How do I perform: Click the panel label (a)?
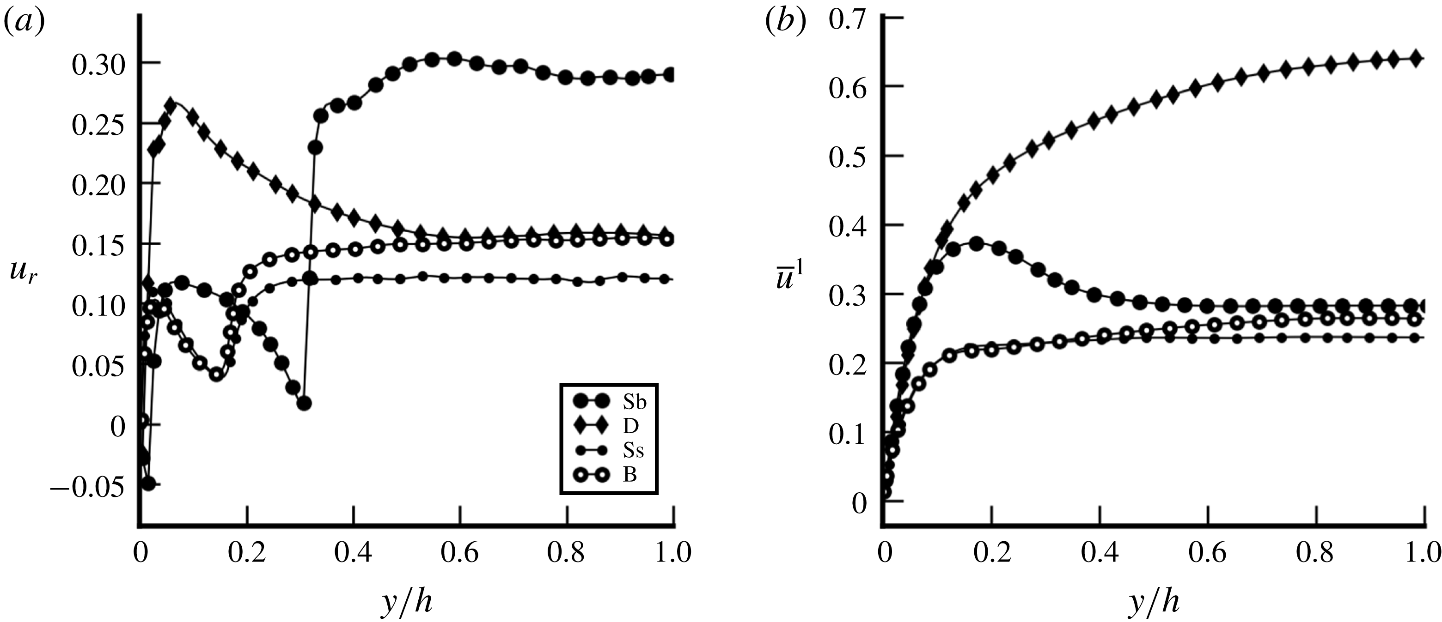tap(24, 24)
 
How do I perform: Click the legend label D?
tap(630, 426)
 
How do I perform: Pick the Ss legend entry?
tap(633, 450)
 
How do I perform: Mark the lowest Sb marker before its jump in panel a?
tap(304, 403)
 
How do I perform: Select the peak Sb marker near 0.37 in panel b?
tap(977, 244)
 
